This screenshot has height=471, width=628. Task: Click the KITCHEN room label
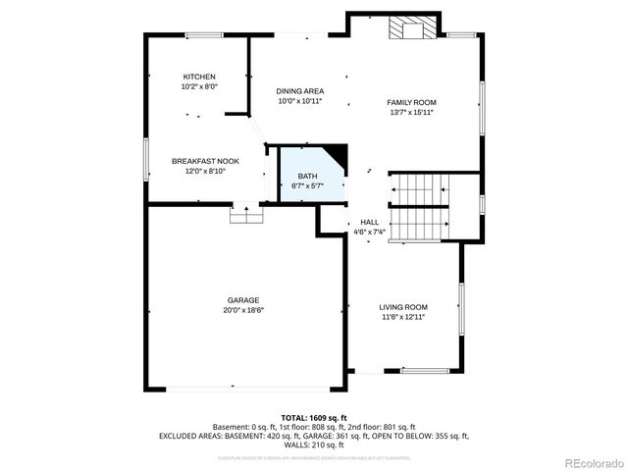199,77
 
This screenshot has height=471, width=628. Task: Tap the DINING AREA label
299,91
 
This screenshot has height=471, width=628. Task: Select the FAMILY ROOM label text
411,102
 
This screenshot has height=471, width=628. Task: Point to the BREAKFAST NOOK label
205,161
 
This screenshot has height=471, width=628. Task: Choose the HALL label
370,222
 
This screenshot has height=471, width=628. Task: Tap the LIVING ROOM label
404,307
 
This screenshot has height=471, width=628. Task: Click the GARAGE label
244,299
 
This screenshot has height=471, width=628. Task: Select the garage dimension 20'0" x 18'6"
244,310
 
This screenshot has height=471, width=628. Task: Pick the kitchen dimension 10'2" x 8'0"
199,86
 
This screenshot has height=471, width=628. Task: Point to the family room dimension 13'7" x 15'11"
411,112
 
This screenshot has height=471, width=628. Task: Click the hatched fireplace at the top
411,29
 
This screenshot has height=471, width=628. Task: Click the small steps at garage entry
242,214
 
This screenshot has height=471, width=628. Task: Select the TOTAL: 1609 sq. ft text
314,418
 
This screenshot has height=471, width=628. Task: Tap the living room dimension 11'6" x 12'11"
404,317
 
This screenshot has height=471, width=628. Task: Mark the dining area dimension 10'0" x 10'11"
299,101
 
